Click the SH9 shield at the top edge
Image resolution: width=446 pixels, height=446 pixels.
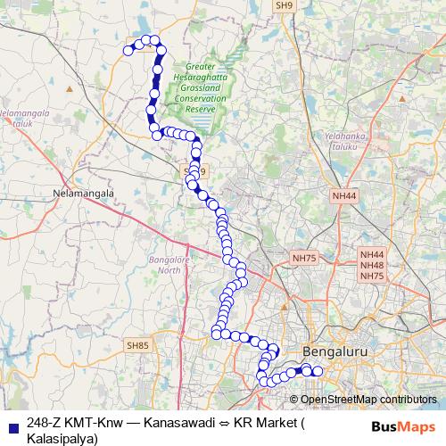(285, 5)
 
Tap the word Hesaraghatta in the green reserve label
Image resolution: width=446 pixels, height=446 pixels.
(211, 76)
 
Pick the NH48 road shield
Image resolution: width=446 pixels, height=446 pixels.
(372, 265)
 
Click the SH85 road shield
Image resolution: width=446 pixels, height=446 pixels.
(138, 344)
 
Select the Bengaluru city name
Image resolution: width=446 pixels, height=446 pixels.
(335, 352)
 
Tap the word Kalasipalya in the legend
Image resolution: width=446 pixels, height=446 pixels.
(60, 438)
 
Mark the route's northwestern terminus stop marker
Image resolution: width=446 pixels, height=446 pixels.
(128, 50)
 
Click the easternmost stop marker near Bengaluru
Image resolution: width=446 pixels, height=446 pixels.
(317, 370)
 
